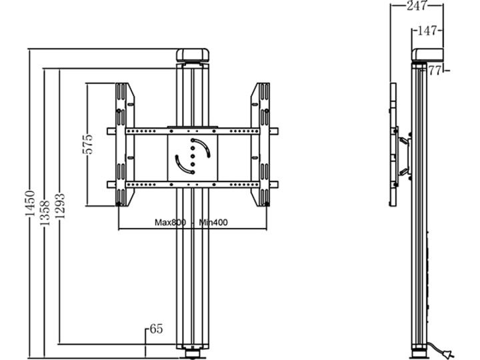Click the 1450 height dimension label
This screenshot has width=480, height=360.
click(x=30, y=203)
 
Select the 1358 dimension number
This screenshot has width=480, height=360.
click(x=45, y=213)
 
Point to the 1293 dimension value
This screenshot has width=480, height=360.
click(x=60, y=206)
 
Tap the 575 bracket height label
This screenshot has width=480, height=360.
click(x=87, y=144)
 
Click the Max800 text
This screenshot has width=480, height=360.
click(x=170, y=222)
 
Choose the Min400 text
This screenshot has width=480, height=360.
click(x=213, y=222)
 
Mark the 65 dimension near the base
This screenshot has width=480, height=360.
click(x=156, y=329)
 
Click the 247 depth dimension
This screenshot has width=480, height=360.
click(x=416, y=5)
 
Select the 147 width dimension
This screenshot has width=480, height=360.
click(x=427, y=31)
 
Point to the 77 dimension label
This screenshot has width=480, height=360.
click(x=435, y=71)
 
